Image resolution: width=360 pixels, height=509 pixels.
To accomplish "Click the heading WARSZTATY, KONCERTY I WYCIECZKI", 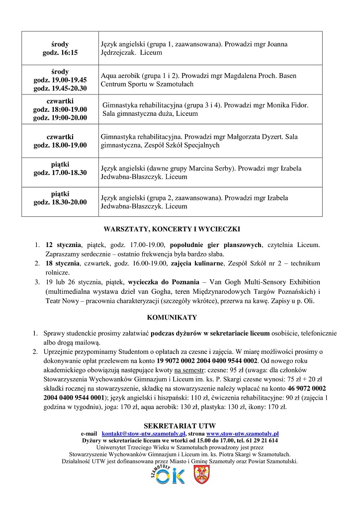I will point(172,229).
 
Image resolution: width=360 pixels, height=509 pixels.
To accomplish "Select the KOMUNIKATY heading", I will point(172,317).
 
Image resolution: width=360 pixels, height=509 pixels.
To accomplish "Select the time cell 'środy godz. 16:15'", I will point(60,48).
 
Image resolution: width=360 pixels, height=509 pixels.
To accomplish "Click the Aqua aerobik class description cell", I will point(210,80).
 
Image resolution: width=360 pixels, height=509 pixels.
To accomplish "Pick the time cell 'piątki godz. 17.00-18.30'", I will point(60,169).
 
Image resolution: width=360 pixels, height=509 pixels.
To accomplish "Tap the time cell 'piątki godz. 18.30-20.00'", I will point(60,198).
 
